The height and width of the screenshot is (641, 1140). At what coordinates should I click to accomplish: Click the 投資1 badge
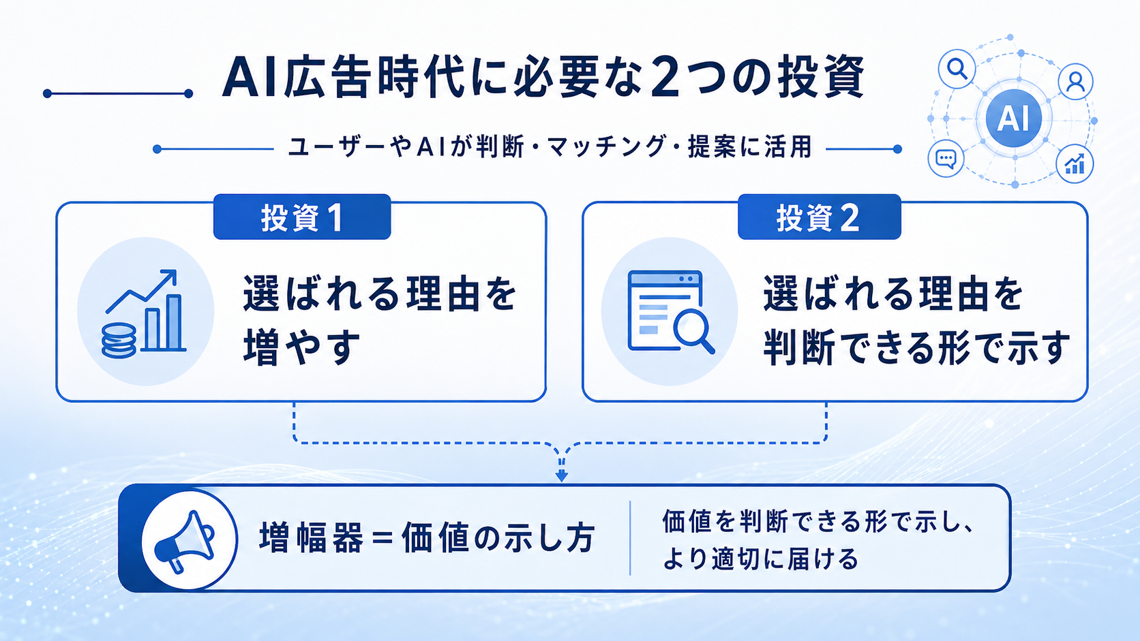(x=302, y=217)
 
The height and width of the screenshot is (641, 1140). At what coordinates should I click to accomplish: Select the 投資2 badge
(x=820, y=217)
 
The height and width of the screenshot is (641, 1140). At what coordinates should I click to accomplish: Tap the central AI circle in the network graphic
(x=1013, y=118)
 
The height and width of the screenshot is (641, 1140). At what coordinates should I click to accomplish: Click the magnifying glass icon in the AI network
(x=957, y=69)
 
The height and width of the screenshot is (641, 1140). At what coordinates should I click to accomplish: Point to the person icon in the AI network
(x=1075, y=81)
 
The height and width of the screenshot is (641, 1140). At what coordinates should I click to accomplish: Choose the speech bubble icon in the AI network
(x=946, y=159)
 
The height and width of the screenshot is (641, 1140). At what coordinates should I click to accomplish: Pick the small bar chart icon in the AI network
(x=1075, y=163)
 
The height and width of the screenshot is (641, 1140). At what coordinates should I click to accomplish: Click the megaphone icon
(x=183, y=542)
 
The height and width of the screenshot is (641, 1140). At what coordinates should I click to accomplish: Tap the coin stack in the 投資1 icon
(x=119, y=341)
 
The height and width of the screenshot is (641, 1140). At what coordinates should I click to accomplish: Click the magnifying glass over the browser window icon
(x=694, y=332)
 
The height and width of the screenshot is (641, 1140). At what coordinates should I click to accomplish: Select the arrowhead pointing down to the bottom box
(x=561, y=475)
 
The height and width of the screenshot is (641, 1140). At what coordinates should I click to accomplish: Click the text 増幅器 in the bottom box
(x=312, y=538)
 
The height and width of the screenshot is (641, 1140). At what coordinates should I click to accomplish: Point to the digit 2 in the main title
(x=664, y=77)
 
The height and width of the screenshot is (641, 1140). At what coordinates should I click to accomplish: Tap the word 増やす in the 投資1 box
(x=302, y=347)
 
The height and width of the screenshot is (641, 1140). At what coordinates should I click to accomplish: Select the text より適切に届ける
(x=760, y=558)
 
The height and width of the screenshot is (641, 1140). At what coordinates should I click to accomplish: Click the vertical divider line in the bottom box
(x=630, y=538)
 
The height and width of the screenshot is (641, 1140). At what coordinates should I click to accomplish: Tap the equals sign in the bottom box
(x=382, y=538)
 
